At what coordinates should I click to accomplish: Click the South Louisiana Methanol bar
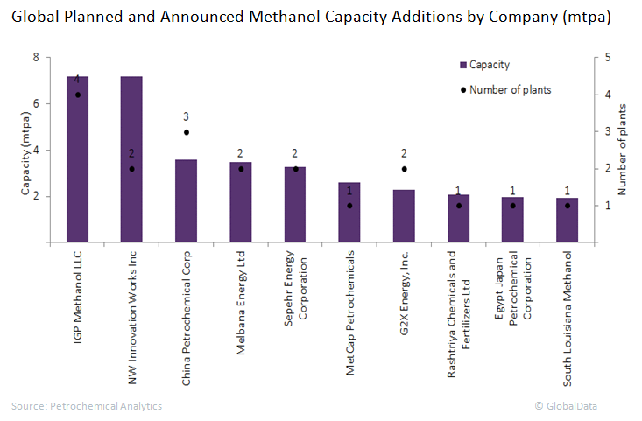coord(568,220)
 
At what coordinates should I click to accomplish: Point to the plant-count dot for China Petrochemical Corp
coord(186,132)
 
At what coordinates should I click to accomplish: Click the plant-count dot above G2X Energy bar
coord(404,169)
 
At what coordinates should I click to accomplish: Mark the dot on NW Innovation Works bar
coord(131,169)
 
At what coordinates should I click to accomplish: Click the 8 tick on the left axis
coord(36,58)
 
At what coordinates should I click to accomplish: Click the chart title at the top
coord(311,17)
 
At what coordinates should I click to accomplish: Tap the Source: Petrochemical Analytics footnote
coord(87,406)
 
